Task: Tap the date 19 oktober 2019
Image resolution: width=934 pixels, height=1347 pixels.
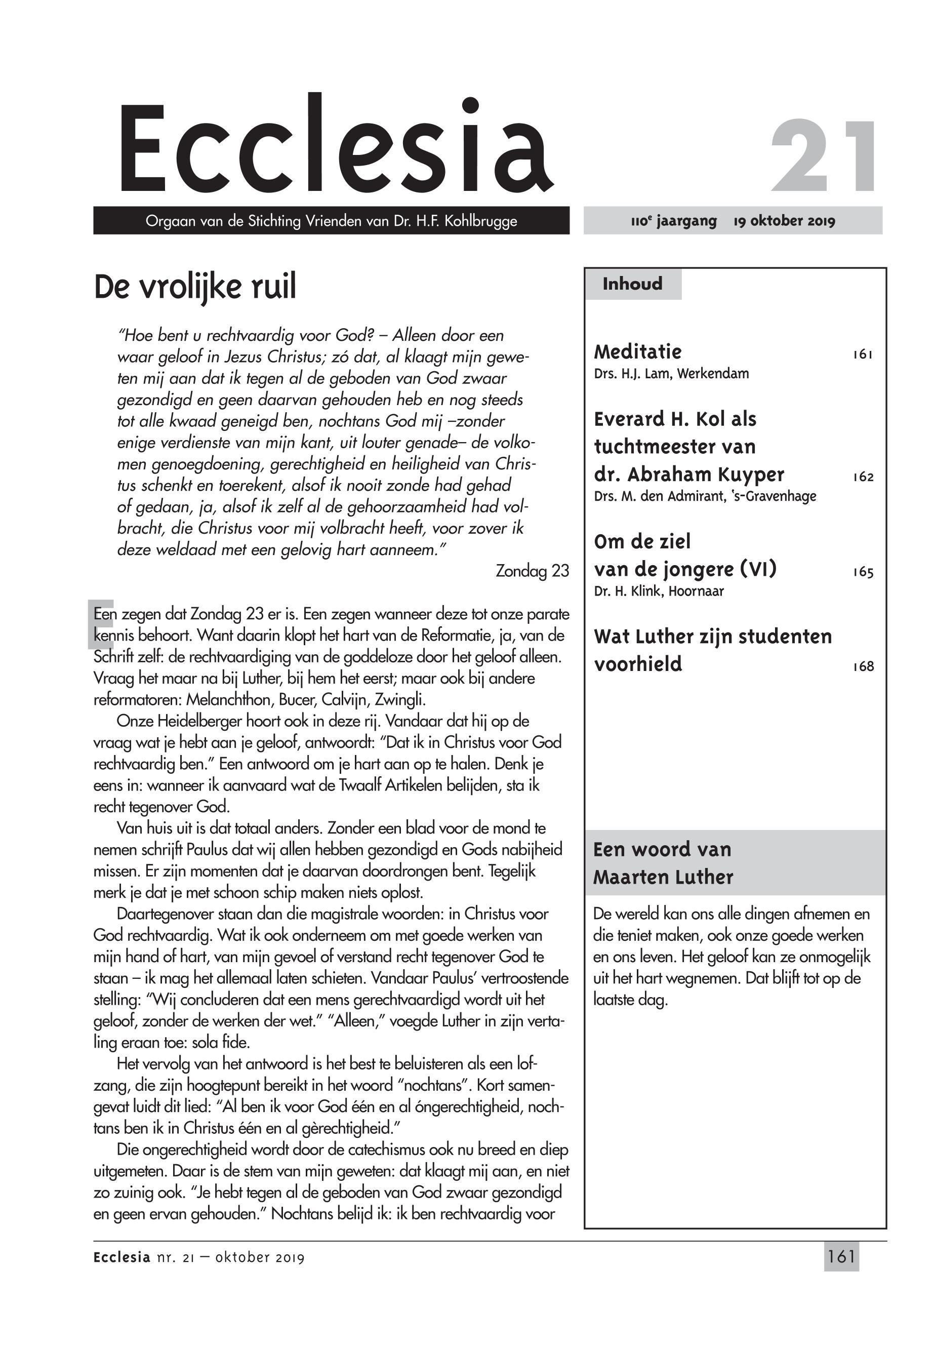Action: [784, 221]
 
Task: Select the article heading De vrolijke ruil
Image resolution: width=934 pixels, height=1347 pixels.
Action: [195, 286]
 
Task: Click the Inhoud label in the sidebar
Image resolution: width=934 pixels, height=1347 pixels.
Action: [632, 284]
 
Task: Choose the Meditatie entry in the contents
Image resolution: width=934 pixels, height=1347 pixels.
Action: [637, 352]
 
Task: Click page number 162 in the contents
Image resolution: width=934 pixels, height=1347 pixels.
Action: [863, 477]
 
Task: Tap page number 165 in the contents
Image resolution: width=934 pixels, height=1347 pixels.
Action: [863, 573]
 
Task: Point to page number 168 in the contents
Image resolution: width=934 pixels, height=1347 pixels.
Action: [863, 667]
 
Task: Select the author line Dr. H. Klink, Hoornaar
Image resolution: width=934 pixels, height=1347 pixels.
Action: [659, 591]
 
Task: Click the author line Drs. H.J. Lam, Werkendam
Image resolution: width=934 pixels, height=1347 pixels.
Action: [671, 374]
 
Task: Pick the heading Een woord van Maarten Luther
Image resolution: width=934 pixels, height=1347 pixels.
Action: [663, 863]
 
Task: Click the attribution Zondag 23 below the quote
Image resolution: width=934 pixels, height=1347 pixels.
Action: [532, 571]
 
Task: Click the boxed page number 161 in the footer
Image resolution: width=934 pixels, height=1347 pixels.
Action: [841, 1257]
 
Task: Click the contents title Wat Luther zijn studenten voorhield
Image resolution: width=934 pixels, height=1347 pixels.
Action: [712, 650]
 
